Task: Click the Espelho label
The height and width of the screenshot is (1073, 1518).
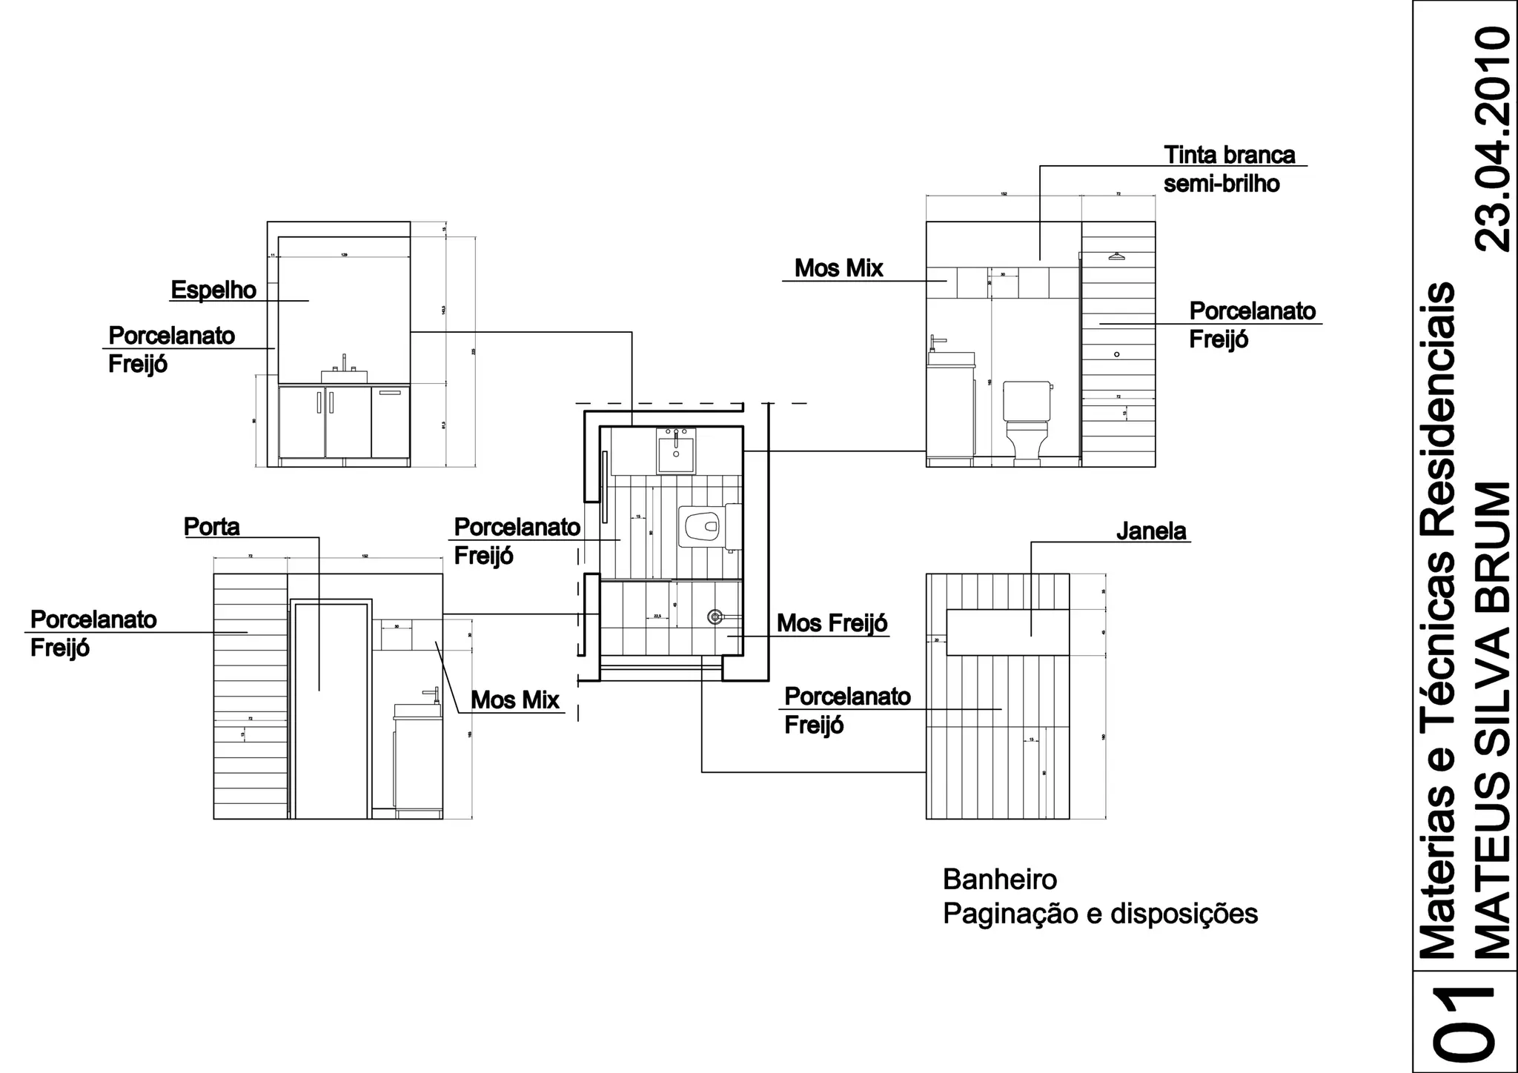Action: click(213, 290)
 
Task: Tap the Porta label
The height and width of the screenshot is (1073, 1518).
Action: click(212, 527)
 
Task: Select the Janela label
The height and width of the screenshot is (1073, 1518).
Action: click(1151, 531)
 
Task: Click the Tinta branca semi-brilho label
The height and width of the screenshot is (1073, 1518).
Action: click(1229, 169)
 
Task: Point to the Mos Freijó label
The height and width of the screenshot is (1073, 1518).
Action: click(832, 624)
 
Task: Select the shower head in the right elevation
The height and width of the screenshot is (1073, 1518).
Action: click(1116, 256)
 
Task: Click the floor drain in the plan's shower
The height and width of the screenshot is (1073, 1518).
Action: click(715, 617)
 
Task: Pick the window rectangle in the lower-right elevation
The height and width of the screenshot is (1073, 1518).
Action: click(1008, 632)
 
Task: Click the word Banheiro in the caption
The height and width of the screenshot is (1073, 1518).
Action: click(1000, 880)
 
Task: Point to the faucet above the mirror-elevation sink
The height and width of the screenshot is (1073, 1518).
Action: click(344, 362)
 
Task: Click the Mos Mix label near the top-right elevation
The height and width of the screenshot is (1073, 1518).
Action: click(839, 268)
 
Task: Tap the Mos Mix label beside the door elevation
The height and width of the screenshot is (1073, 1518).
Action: click(515, 700)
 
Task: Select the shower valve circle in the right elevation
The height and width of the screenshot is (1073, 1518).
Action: click(1117, 355)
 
